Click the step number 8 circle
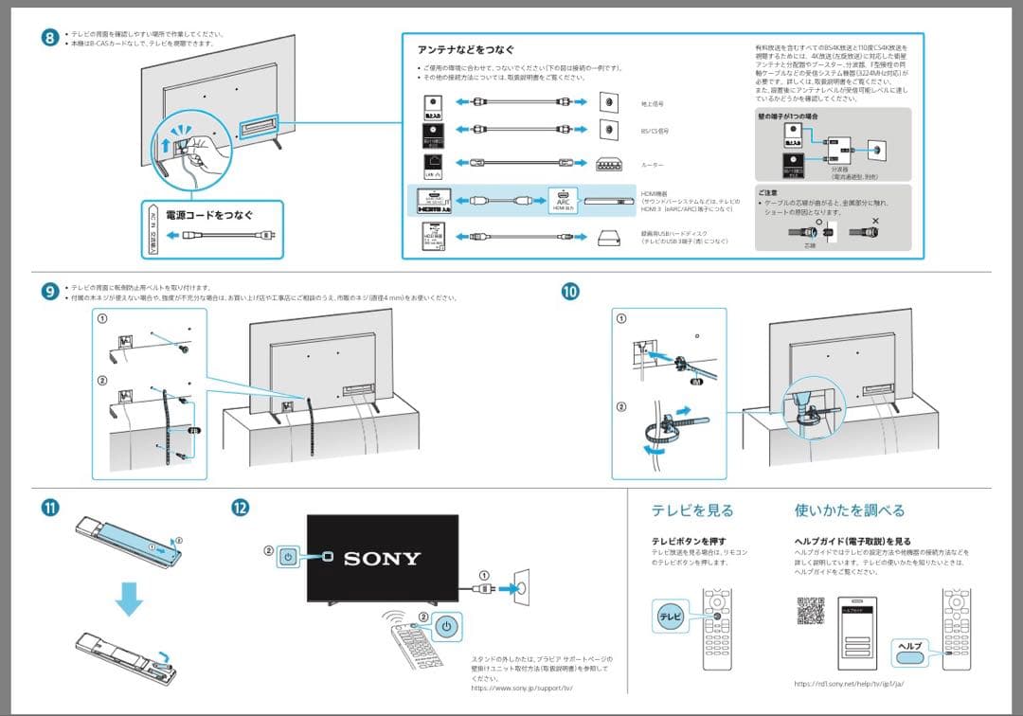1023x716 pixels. [50, 38]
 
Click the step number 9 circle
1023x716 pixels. [50, 291]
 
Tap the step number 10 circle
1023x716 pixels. [569, 292]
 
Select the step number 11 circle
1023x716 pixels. [50, 507]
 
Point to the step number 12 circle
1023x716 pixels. [241, 507]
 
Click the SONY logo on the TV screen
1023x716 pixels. [382, 558]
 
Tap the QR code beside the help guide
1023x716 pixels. [810, 612]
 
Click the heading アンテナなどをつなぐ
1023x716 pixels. [466, 49]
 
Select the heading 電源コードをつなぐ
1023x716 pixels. [209, 215]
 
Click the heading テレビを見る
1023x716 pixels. [691, 510]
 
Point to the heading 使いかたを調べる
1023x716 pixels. [850, 510]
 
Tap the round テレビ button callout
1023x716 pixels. [671, 617]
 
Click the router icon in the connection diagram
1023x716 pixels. [607, 163]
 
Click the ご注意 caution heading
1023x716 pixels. [768, 191]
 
